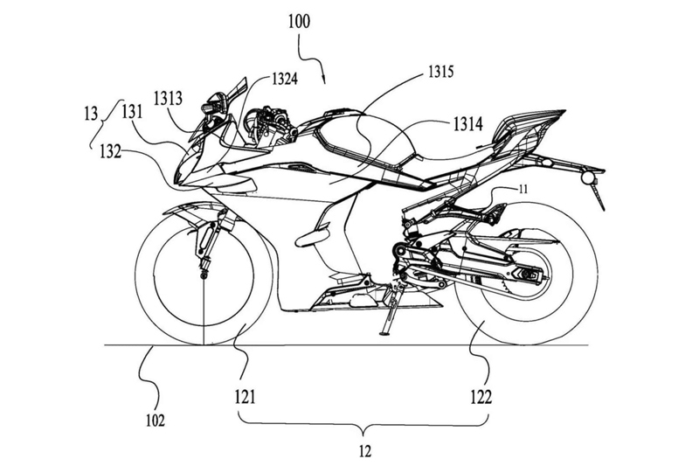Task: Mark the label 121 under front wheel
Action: [244, 397]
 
